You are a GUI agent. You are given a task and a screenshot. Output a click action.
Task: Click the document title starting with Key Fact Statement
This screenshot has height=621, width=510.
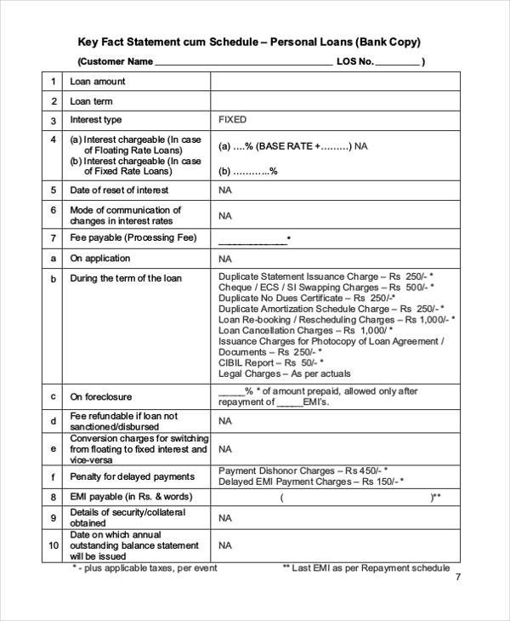coord(249,42)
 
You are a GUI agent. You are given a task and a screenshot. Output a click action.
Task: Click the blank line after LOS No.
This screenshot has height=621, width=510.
coord(397,63)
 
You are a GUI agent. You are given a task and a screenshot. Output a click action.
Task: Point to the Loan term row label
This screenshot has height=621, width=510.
coord(92,101)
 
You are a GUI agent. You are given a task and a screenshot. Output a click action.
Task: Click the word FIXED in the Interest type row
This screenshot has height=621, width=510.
coord(232,120)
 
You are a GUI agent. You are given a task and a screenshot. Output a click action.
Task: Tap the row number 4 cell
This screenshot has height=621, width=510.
coord(53,140)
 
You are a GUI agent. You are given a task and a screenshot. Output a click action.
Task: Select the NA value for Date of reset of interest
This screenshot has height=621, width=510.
coord(225,191)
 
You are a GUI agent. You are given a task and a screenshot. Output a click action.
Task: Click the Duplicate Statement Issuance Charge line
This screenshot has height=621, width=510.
coord(326,276)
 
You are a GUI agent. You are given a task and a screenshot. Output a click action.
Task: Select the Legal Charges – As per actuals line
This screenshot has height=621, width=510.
coord(284,373)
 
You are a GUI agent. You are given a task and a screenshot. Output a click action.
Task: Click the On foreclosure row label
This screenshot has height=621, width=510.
coord(100,396)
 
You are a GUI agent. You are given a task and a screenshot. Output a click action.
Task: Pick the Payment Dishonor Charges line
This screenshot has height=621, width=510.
coord(303,470)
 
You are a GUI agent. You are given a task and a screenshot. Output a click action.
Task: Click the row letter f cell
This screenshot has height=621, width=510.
coord(53,476)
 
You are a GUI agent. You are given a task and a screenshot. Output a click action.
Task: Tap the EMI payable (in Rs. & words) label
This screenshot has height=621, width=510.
coord(131,496)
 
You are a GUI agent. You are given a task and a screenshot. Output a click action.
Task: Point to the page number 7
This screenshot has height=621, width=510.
coord(458,577)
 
